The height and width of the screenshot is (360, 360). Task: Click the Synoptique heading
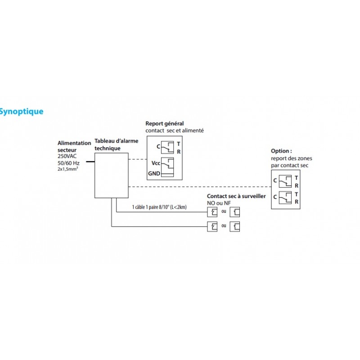click(22, 111)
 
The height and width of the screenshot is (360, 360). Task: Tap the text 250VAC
click(68, 156)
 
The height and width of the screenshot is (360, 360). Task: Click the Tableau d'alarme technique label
click(111, 144)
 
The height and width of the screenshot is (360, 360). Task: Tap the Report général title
click(165, 124)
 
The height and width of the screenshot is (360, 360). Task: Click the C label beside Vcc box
click(158, 146)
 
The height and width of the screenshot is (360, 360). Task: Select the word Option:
click(281, 152)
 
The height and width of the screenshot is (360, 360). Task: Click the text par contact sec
click(289, 165)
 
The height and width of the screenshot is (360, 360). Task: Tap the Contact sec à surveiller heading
click(236, 197)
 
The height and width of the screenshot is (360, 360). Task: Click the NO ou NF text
click(219, 203)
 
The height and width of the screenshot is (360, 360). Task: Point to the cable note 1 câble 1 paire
click(159, 207)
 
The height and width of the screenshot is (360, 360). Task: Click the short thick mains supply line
click(90, 161)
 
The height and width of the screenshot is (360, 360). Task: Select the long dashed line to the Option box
click(198, 186)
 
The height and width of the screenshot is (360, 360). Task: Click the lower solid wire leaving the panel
click(157, 226)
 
